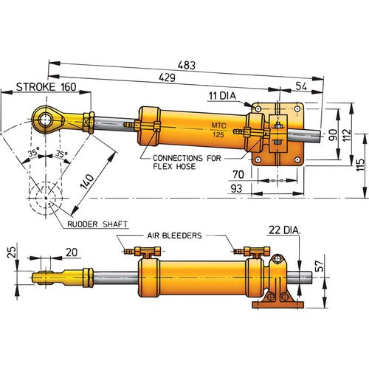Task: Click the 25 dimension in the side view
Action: [x=11, y=255]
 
